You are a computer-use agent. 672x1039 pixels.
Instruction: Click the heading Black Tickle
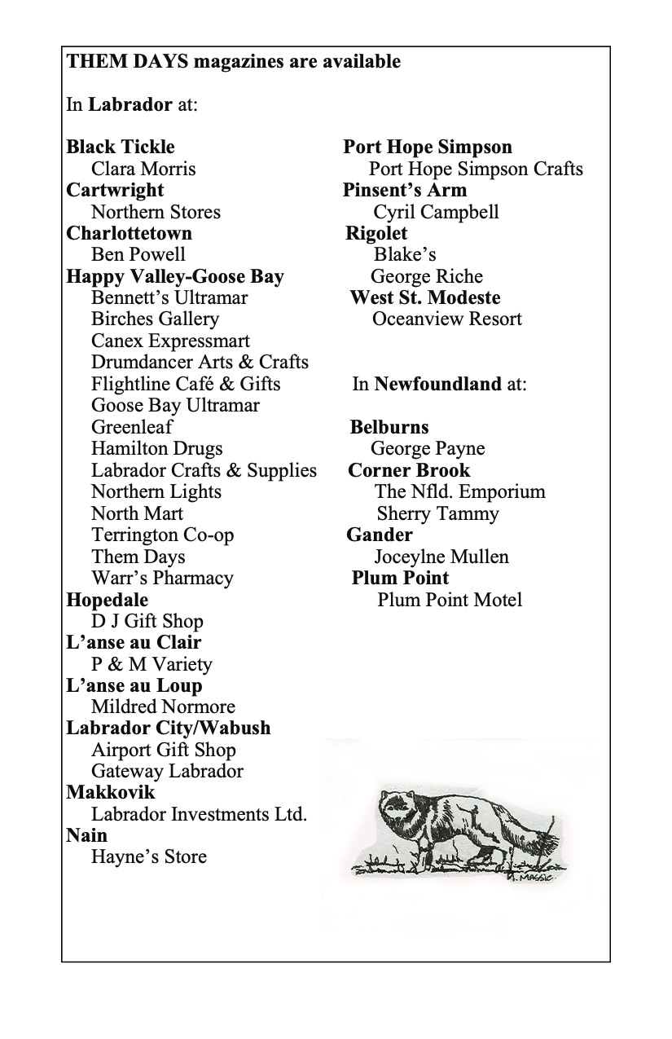click(121, 147)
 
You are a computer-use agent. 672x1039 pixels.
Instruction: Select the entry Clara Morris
click(143, 169)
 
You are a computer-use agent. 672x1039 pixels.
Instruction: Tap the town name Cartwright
click(115, 191)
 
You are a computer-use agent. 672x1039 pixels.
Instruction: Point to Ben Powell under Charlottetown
click(138, 254)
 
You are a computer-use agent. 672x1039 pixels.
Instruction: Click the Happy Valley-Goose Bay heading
click(175, 276)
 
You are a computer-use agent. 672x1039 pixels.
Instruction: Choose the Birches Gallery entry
click(155, 319)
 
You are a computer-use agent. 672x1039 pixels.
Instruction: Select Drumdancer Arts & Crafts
click(200, 362)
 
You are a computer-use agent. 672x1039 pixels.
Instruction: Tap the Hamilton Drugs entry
click(156, 448)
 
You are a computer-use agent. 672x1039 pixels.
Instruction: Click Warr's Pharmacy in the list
click(162, 578)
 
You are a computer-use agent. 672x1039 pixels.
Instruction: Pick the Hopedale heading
click(108, 600)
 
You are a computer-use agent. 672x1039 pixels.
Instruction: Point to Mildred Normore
click(163, 707)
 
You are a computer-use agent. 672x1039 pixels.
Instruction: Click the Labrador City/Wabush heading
click(169, 728)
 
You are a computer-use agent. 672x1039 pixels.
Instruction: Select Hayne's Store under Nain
click(149, 856)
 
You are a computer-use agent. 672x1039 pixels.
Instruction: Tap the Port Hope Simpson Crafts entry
click(476, 169)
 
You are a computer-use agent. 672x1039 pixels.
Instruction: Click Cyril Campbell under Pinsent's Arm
click(436, 212)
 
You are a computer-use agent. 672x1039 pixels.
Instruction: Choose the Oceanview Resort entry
click(446, 319)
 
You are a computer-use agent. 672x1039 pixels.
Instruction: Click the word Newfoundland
click(437, 384)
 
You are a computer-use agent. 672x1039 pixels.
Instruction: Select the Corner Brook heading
click(409, 470)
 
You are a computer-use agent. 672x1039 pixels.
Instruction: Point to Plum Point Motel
click(450, 600)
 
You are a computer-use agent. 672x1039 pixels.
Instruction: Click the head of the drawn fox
click(399, 812)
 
